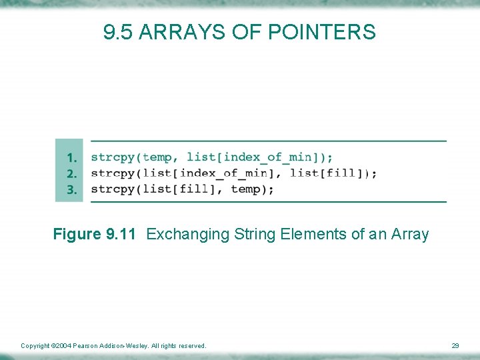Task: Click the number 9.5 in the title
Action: click(118, 32)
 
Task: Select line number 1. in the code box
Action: click(73, 158)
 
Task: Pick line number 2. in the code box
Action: click(73, 174)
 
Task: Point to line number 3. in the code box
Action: click(73, 190)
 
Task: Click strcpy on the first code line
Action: click(113, 157)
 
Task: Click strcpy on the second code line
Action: click(113, 173)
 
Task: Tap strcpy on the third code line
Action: click(113, 189)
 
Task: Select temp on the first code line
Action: click(157, 157)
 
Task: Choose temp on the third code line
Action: click(245, 189)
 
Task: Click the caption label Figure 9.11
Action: click(95, 235)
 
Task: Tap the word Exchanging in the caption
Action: click(188, 235)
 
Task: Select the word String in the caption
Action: click(252, 235)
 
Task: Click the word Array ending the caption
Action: click(410, 235)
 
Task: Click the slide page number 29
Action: click(455, 346)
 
